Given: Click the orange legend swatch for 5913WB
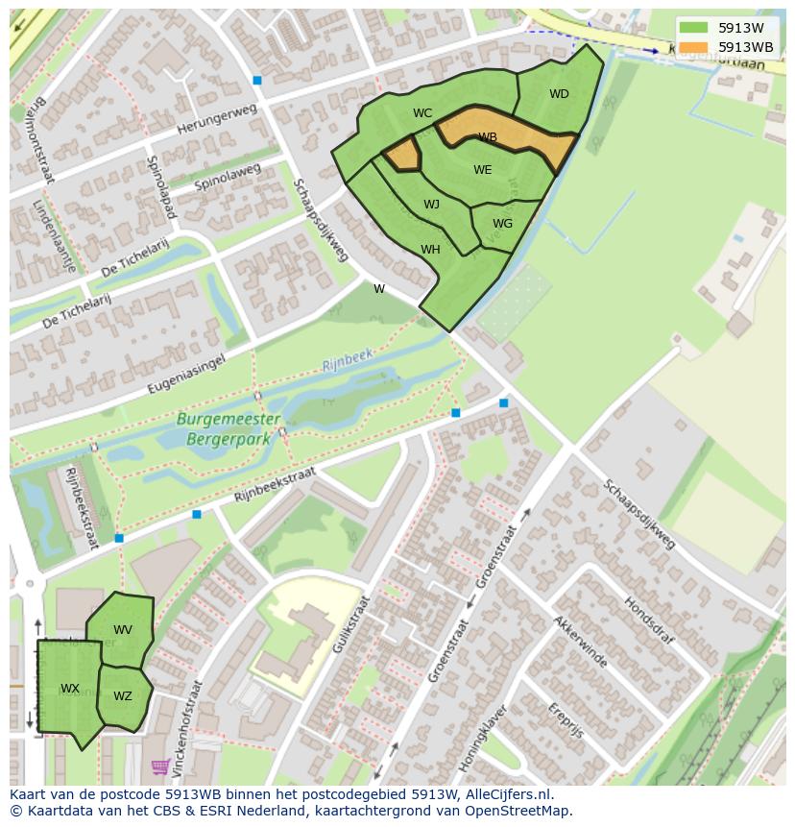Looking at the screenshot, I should pos(692,47).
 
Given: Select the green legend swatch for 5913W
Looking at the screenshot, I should pos(692,28).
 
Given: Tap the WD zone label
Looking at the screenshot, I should pos(559,94).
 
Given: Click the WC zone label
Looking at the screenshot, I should pos(422,113).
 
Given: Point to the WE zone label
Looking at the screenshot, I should pos(482,170).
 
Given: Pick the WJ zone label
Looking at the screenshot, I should pos(432,205).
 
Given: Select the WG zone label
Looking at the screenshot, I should pos(502,224).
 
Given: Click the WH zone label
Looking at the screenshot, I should pos(430,250).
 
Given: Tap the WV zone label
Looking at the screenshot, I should pos(123,630).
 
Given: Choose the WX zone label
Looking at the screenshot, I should pos(70,689).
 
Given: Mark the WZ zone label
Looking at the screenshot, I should pos(123,696).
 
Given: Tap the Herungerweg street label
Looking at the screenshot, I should pos(217,123).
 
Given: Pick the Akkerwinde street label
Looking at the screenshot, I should pos(579,642).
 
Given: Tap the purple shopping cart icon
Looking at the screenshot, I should pos(160,766).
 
